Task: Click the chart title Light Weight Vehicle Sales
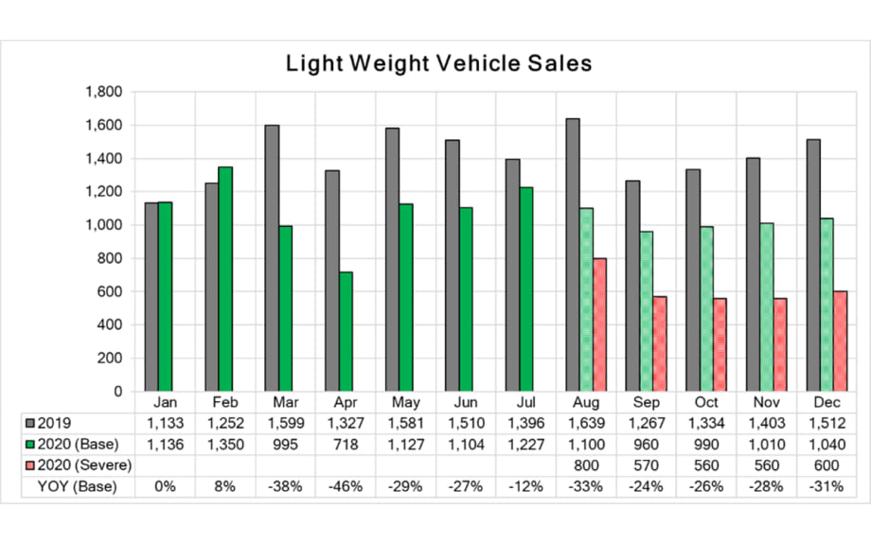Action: [438, 64]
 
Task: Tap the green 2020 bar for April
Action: [346, 331]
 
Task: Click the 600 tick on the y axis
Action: [111, 291]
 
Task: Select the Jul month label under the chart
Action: [525, 402]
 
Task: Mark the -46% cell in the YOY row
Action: [346, 487]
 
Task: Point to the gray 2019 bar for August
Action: [573, 254]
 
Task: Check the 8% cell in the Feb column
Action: [225, 487]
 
